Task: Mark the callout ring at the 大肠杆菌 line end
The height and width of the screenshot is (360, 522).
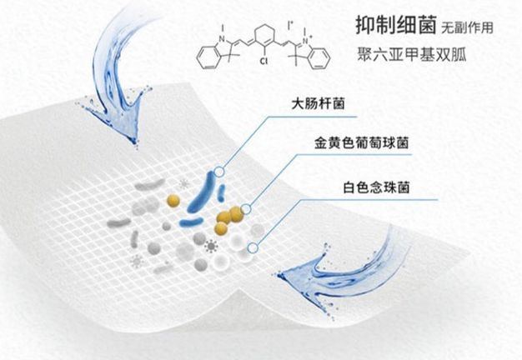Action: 218,172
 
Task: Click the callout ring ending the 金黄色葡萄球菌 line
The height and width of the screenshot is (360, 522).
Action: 247,208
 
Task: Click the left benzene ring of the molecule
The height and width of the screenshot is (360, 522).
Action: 208,56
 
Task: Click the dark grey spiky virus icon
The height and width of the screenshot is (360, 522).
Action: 210,246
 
